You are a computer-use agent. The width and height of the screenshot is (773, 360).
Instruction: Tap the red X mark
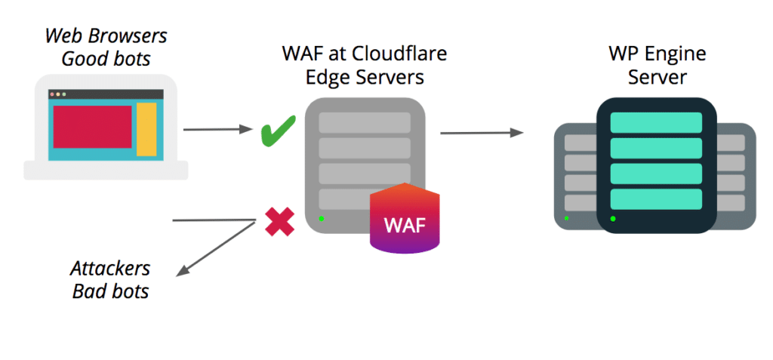pos(279,222)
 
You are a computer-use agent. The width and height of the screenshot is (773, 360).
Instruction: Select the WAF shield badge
pos(405,220)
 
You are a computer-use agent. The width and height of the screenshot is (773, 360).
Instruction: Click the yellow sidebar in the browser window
pos(146,129)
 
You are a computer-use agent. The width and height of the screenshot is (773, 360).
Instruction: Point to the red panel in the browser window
pos(92,126)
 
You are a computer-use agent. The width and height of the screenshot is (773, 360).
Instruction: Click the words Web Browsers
pos(106,36)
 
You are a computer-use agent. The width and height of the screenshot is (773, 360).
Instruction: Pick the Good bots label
pos(106,58)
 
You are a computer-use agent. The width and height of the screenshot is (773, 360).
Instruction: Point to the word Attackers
pos(110,269)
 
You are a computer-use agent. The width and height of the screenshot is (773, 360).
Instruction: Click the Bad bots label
pos(110,291)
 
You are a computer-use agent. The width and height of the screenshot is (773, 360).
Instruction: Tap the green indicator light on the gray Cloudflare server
pos(321,219)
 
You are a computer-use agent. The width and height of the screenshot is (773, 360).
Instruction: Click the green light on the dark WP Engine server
pos(612,219)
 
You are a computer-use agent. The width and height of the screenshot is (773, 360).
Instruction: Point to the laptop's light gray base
pos(106,171)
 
